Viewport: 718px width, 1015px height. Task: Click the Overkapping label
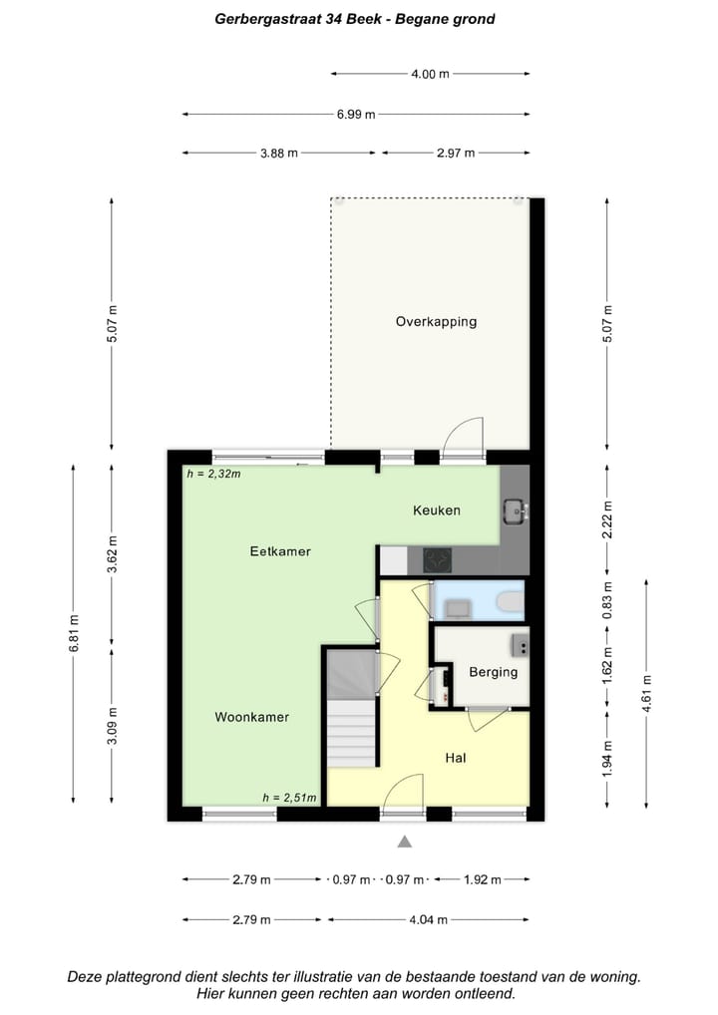[x=436, y=321]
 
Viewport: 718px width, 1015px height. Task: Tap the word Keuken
[x=437, y=510]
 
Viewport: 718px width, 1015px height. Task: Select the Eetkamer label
[x=280, y=550]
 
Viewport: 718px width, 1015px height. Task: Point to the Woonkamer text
[x=251, y=717]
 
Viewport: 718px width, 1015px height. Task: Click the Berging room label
[x=493, y=672]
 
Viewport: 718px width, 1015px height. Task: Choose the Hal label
[x=456, y=758]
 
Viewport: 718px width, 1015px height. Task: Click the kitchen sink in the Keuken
[x=515, y=510]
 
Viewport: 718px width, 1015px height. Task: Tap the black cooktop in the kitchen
[x=437, y=559]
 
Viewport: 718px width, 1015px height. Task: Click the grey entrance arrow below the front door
[x=405, y=843]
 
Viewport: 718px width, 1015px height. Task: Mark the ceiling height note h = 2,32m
[x=213, y=474]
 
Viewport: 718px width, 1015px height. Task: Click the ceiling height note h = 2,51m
[x=289, y=797]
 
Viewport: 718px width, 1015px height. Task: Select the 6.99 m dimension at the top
[x=355, y=114]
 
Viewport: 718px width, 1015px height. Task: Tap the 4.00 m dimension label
[x=430, y=73]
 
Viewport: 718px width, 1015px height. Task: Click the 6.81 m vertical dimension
[x=73, y=632]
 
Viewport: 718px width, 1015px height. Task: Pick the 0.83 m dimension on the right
[x=607, y=600]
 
